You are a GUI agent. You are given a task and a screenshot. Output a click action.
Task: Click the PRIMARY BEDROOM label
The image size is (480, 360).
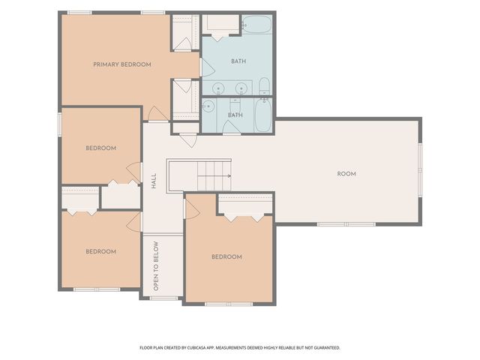click(122, 64)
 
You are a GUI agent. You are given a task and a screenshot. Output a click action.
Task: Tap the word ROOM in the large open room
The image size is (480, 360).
click(346, 174)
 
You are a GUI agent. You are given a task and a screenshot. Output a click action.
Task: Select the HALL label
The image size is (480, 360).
click(154, 181)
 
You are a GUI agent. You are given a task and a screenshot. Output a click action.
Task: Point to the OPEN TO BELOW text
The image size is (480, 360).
click(156, 266)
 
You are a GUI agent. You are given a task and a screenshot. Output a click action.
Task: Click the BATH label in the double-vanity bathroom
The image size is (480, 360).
click(238, 61)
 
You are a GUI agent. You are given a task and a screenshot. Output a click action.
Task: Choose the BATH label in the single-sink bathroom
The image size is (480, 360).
click(235, 115)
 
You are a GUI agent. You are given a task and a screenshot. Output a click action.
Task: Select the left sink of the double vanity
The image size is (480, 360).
click(218, 88)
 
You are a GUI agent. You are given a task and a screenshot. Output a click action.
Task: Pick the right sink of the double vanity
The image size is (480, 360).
click(241, 88)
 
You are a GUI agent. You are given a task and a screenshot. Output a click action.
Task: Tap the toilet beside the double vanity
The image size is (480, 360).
click(264, 86)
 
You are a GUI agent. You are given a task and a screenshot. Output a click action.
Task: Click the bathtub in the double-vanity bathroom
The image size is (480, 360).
click(256, 25)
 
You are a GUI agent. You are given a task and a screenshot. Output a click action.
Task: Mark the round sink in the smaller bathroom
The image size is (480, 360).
click(208, 106)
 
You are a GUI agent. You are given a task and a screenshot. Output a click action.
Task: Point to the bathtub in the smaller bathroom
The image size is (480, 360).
click(263, 115)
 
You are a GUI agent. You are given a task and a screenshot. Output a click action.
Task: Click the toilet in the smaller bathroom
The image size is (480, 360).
click(235, 105)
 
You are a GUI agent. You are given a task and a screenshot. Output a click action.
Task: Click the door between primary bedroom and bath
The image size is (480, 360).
click(207, 67)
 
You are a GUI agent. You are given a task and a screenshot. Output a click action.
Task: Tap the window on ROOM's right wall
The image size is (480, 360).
click(420, 169)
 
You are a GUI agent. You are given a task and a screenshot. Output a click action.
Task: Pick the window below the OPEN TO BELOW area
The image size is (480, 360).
click(163, 298)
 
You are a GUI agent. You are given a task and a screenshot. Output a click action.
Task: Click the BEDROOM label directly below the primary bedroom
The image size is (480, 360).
click(101, 148)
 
